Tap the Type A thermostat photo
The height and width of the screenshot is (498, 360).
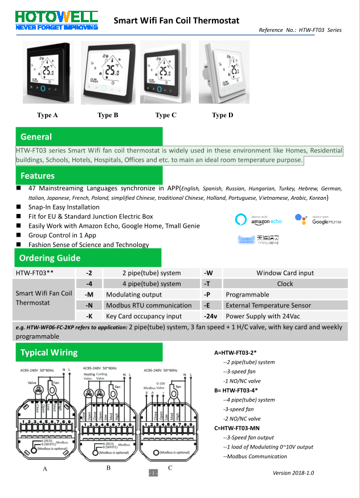[47, 72]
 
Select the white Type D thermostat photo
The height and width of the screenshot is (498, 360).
[223, 72]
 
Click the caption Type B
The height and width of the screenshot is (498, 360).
[108, 116]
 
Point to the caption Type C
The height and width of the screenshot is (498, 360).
[166, 116]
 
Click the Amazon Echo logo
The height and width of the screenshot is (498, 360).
[259, 220]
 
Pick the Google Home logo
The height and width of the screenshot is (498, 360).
[318, 220]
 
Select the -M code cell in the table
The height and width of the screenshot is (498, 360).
[89, 295]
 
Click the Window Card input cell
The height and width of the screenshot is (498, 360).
[285, 273]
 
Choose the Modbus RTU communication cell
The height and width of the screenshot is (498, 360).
[149, 306]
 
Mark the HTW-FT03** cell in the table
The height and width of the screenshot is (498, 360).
[35, 273]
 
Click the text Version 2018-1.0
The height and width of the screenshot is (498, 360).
[293, 473]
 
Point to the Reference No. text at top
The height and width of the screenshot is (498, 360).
[300, 30]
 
